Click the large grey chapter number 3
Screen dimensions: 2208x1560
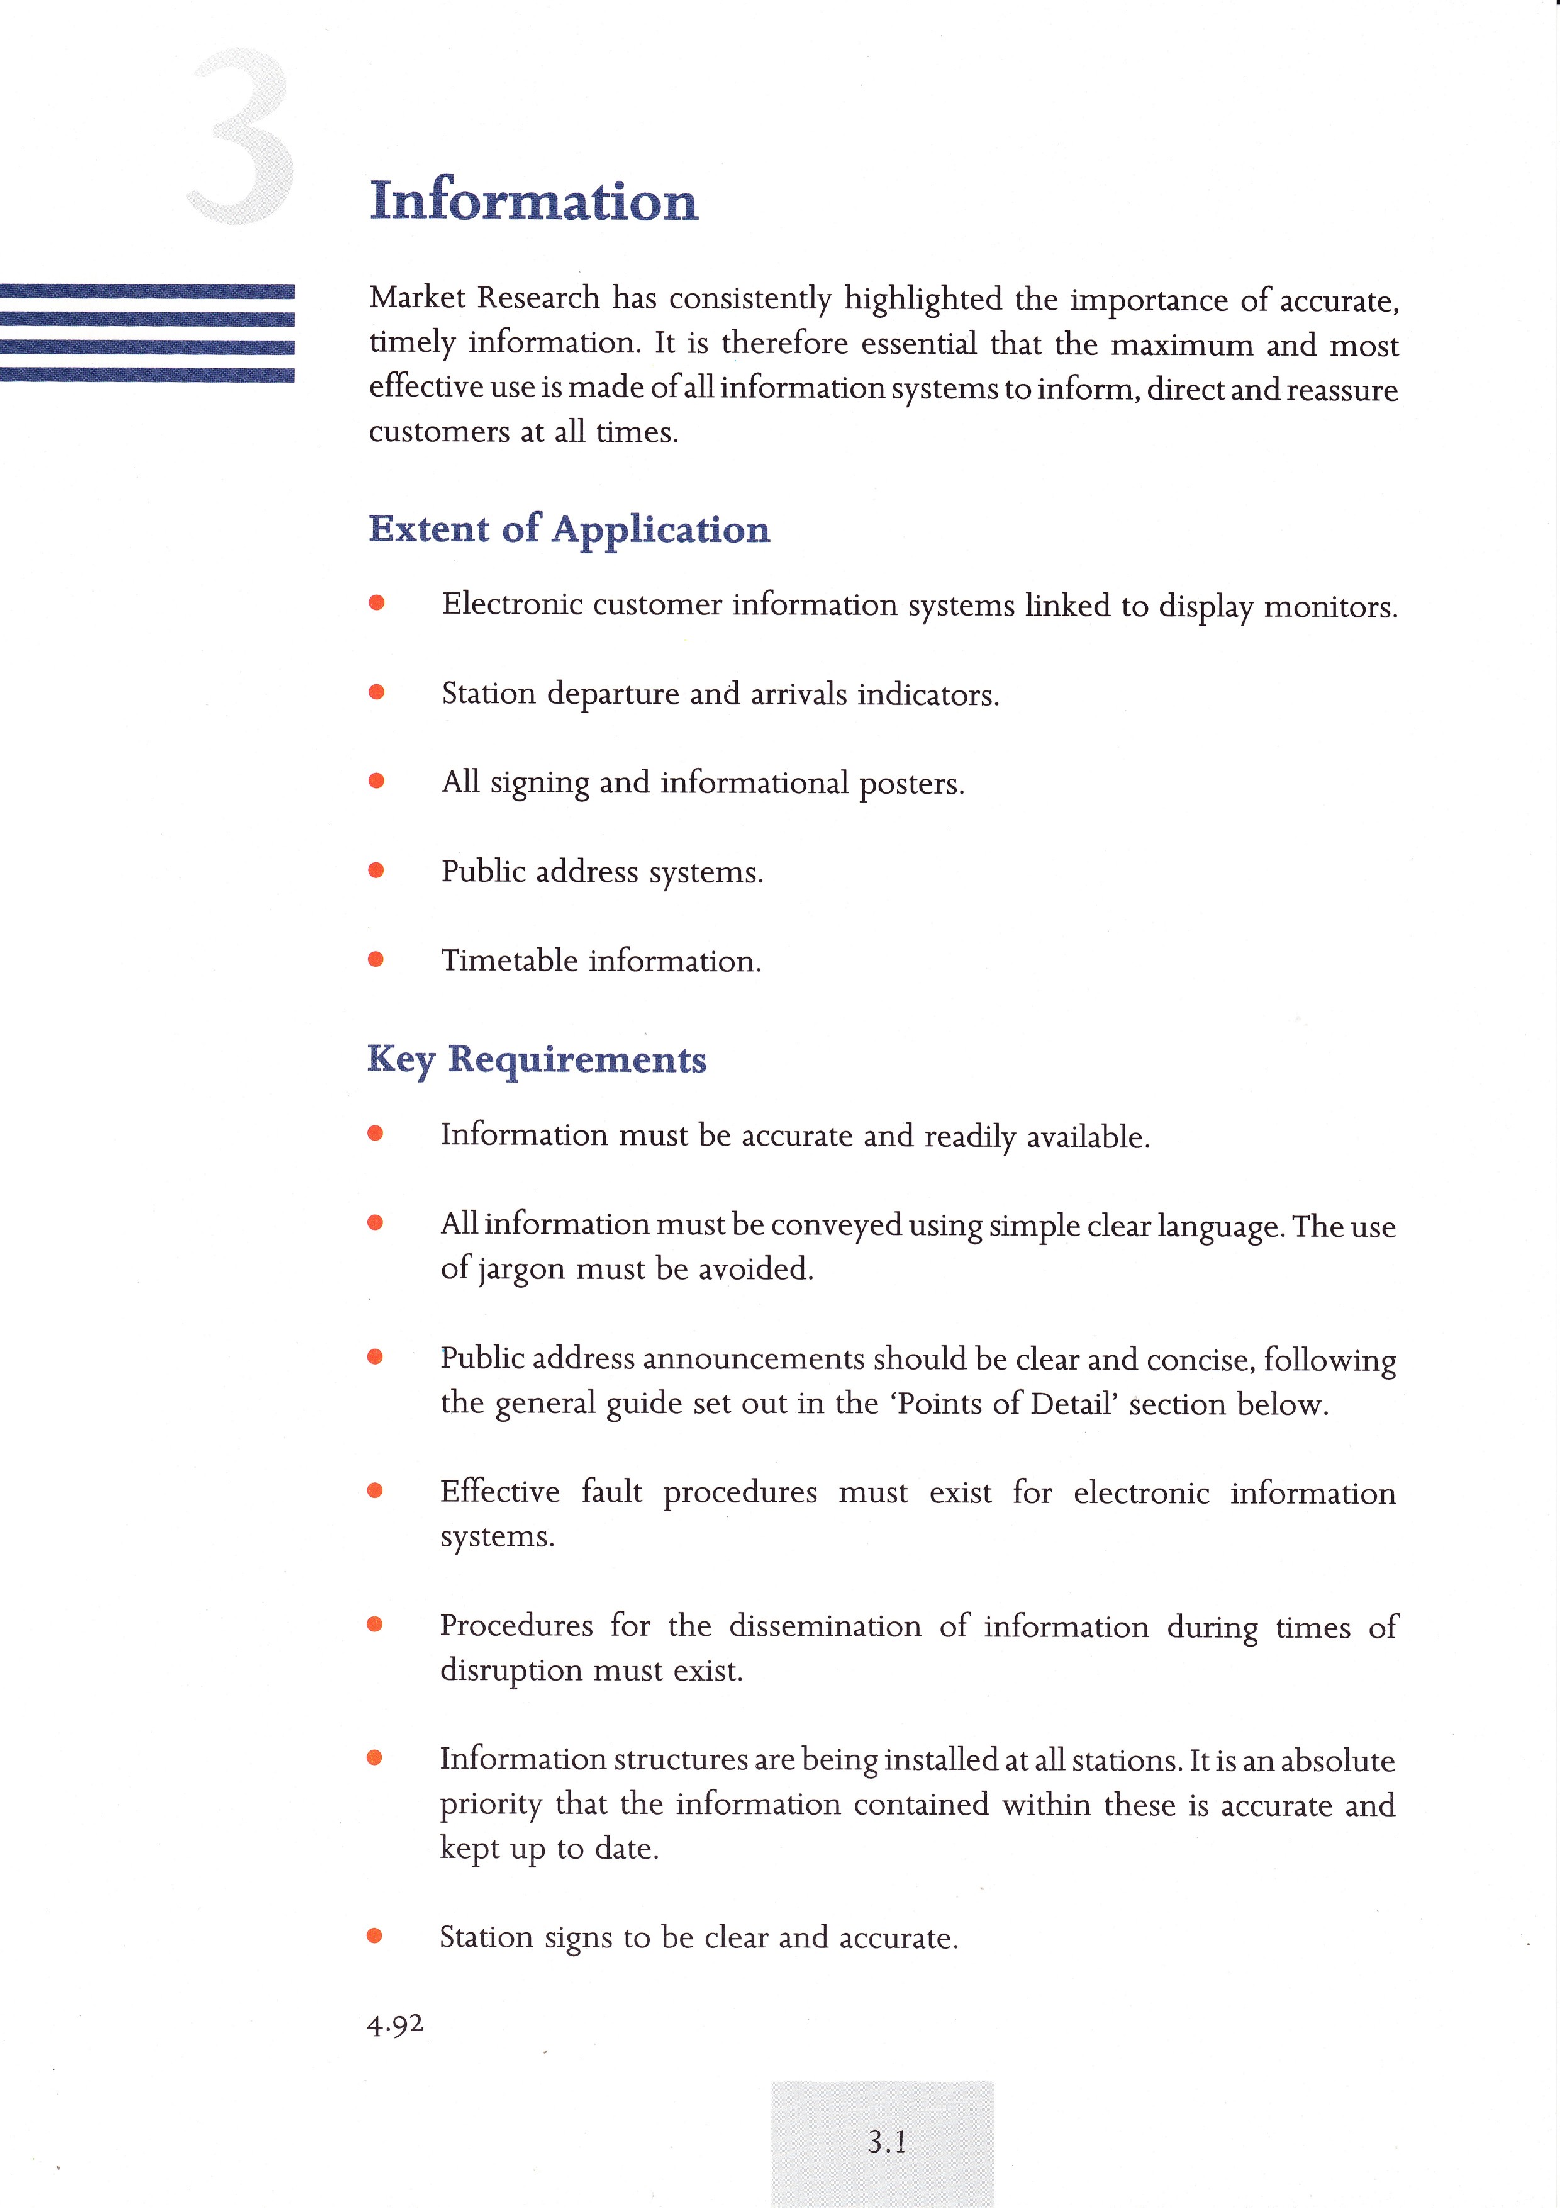[x=240, y=137]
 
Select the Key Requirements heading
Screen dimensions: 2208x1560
[x=537, y=1060]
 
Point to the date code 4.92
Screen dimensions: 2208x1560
[x=394, y=2024]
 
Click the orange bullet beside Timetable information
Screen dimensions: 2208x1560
[x=376, y=959]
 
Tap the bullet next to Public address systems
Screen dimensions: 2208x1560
[x=376, y=870]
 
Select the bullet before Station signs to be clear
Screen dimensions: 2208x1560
[x=375, y=1936]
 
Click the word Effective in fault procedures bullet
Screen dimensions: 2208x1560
[x=500, y=1492]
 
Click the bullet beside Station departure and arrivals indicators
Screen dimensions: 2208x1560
[x=376, y=692]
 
